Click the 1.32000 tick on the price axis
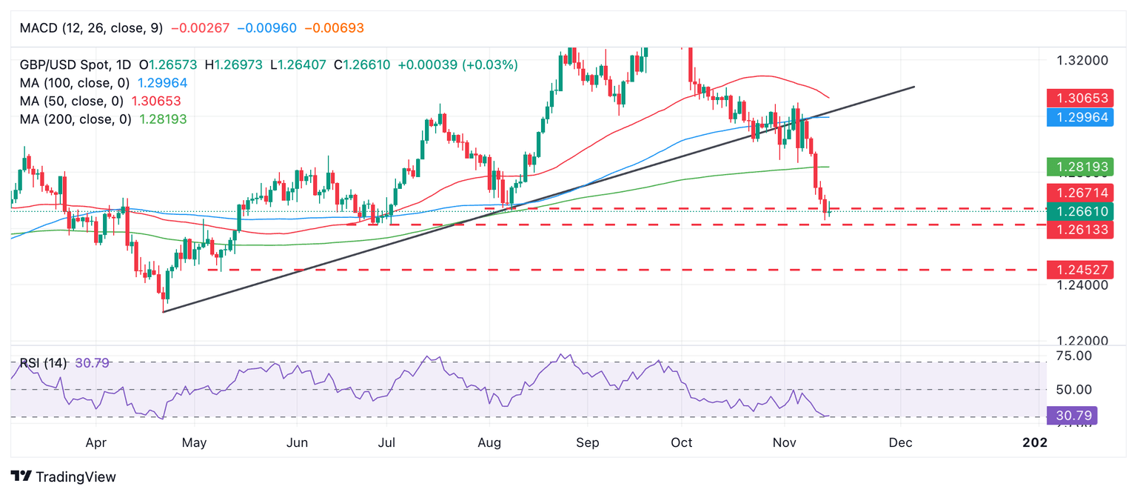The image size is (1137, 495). pyautogui.click(x=1081, y=61)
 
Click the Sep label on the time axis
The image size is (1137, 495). pyautogui.click(x=587, y=443)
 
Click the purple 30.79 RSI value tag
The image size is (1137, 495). pyautogui.click(x=1072, y=415)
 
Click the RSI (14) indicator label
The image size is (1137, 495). pyautogui.click(x=44, y=363)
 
